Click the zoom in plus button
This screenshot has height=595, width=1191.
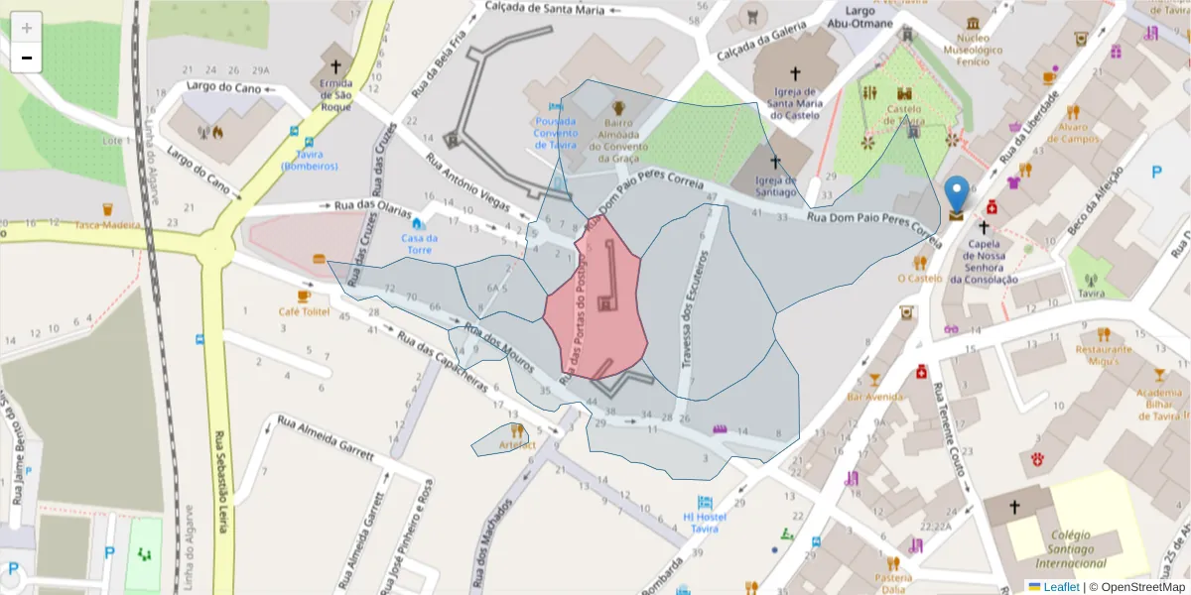point(27,28)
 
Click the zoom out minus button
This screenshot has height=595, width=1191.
point(27,59)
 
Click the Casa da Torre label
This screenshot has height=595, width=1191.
point(417,244)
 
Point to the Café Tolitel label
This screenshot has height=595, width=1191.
point(304,311)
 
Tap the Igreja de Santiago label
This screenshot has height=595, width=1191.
point(775,185)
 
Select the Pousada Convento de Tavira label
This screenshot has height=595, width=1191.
point(555,133)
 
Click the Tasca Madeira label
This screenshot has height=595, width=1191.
point(108,225)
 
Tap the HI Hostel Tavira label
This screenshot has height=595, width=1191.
point(705,522)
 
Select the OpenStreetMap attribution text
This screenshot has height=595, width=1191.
point(1136,586)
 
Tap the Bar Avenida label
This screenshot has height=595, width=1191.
point(873,397)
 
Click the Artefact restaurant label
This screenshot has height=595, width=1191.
point(517,445)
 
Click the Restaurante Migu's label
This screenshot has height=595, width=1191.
point(1104,355)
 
